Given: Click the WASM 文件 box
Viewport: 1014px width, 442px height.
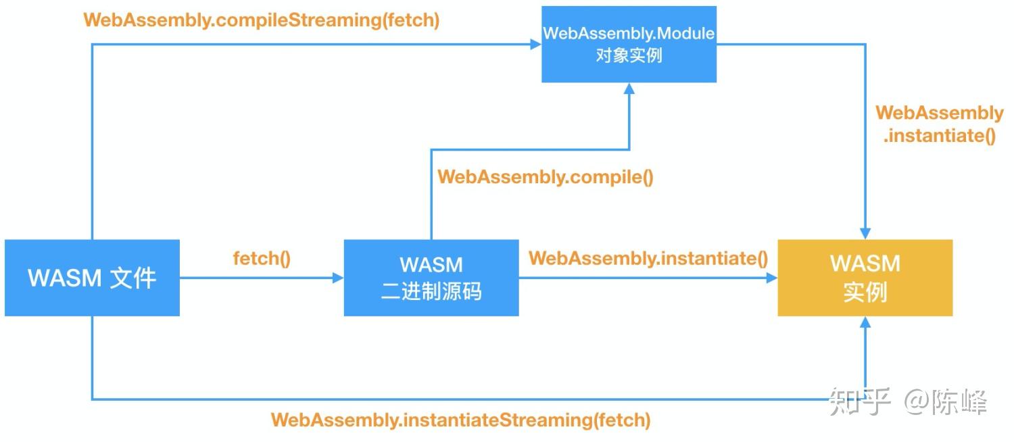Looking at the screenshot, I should coord(92,278).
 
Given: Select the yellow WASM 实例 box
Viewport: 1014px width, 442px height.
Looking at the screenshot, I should coord(865,278).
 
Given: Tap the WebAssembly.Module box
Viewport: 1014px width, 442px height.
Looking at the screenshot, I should coord(629,45).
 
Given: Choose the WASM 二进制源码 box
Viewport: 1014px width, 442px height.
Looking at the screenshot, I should coord(431,278).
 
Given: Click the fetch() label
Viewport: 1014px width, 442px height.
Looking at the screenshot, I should coord(262,258).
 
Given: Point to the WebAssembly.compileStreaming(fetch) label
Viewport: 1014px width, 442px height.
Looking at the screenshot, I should coord(262,20).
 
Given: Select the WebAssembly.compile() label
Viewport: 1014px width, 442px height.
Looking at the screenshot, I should coord(546,177).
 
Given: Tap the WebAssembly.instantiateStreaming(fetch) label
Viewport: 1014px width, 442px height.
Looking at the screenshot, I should coord(460,420).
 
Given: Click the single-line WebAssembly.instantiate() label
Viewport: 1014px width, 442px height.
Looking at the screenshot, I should coord(648,258).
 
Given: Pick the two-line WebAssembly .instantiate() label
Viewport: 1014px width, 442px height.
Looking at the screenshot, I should coord(940,124).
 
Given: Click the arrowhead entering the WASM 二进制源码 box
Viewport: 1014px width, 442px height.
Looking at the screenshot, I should coord(338,278).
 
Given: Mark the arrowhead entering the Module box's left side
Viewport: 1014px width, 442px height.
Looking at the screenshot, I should coord(535,45).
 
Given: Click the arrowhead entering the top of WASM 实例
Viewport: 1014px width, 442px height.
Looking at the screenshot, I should coord(865,233).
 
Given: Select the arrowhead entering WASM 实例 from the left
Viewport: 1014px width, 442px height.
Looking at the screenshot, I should coord(771,278).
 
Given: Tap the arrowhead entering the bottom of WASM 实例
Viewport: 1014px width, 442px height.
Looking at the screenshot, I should coord(865,322).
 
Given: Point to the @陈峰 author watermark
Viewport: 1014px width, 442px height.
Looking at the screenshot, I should coord(946,402).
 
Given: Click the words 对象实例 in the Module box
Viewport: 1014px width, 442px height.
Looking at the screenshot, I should coord(629,55).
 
